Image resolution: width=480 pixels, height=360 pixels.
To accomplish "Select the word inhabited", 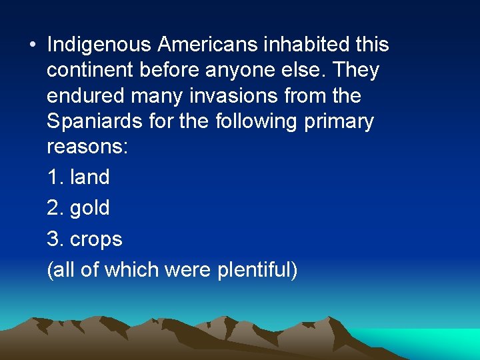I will (307, 45).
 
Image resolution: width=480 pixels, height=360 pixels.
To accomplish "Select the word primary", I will (339, 123).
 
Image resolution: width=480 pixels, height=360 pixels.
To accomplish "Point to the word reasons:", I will (87, 148).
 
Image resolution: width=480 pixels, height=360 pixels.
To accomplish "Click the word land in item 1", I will (89, 177).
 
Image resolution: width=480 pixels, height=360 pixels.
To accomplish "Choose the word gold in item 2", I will (89, 208).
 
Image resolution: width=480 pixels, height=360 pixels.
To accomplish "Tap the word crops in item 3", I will (96, 239).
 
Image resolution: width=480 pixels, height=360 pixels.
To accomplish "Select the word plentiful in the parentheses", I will (256, 270).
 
